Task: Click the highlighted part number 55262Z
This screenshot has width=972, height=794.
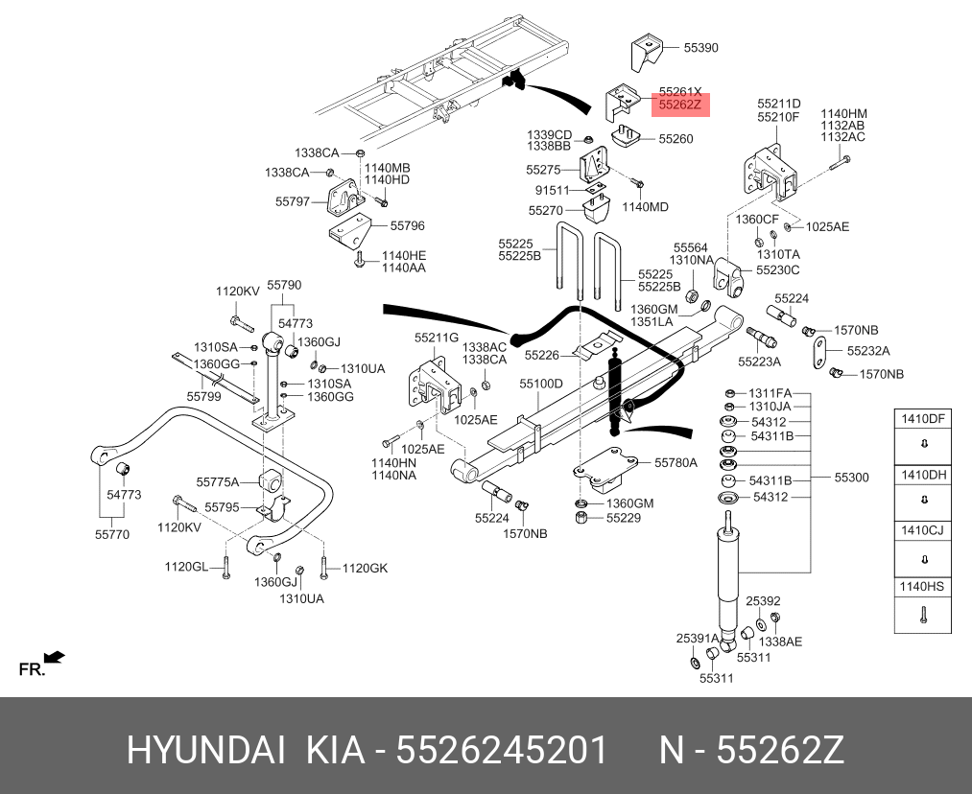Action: tap(679, 105)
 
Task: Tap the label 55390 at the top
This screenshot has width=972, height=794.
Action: tap(700, 47)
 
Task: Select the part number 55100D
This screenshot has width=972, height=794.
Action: tap(541, 384)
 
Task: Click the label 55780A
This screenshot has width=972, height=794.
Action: tap(676, 462)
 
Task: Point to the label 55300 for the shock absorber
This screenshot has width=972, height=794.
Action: tap(850, 478)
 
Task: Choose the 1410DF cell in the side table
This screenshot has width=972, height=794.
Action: tap(922, 418)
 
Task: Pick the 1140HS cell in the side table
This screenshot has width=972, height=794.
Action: tap(922, 586)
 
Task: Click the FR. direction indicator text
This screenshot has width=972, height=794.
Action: tap(32, 669)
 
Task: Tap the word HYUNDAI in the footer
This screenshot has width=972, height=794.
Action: tap(205, 751)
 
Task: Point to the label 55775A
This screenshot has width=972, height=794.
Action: tap(217, 481)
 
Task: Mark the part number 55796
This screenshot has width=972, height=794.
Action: tap(407, 226)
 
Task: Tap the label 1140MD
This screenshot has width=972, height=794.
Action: tap(645, 207)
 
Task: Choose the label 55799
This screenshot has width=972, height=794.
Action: tap(203, 396)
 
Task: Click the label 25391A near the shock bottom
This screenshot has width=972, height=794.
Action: tap(698, 638)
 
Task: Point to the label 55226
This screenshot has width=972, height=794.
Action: tap(541, 355)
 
